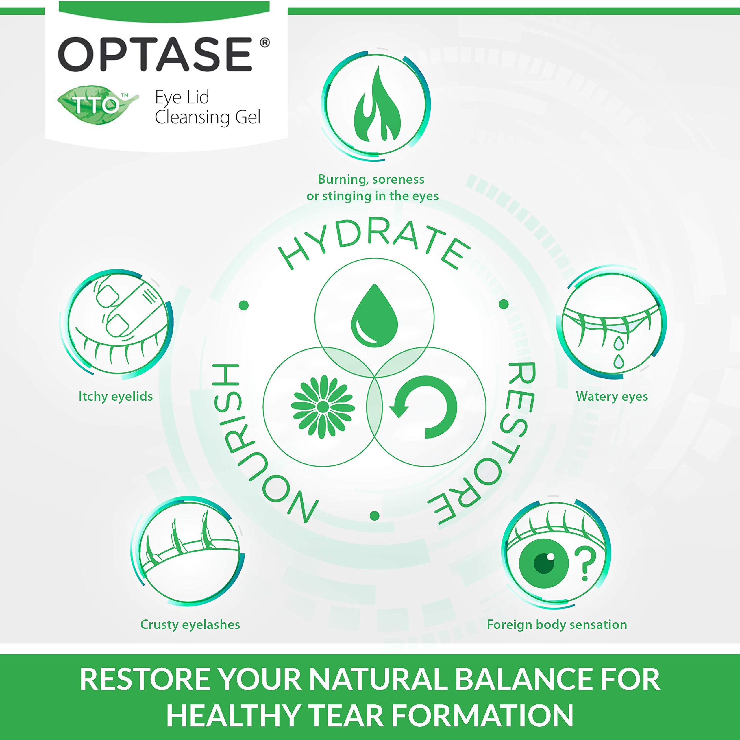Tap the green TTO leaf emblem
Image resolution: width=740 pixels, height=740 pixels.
click(98, 104)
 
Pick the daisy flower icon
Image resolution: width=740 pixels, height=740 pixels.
click(323, 406)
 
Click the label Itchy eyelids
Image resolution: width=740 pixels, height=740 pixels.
click(115, 396)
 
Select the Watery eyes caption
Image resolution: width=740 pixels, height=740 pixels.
click(612, 396)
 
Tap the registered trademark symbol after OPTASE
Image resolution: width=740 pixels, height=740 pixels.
click(264, 42)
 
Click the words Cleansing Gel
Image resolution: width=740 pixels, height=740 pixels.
click(208, 117)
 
